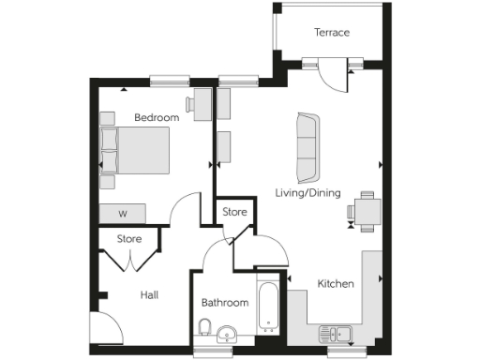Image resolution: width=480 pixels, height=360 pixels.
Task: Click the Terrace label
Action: tap(331, 33)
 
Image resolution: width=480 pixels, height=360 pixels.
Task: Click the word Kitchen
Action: tap(335, 283)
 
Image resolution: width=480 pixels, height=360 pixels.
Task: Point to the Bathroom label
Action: tap(225, 303)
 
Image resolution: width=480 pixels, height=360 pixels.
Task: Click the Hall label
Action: tap(148, 295)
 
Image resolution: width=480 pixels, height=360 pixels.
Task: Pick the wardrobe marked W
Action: tap(123, 214)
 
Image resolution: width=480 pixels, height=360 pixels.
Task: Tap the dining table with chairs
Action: tap(364, 211)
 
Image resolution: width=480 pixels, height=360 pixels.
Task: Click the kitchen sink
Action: tap(335, 333)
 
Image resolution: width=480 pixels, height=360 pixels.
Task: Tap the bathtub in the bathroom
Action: tap(267, 306)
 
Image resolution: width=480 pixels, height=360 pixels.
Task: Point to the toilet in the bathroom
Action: tap(204, 327)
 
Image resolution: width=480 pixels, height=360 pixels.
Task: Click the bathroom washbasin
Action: tap(226, 335)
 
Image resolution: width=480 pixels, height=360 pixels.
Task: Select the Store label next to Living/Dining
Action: tap(234, 213)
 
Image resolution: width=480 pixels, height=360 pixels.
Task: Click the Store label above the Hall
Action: tap(129, 239)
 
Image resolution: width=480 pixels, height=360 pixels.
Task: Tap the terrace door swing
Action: tap(330, 77)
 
